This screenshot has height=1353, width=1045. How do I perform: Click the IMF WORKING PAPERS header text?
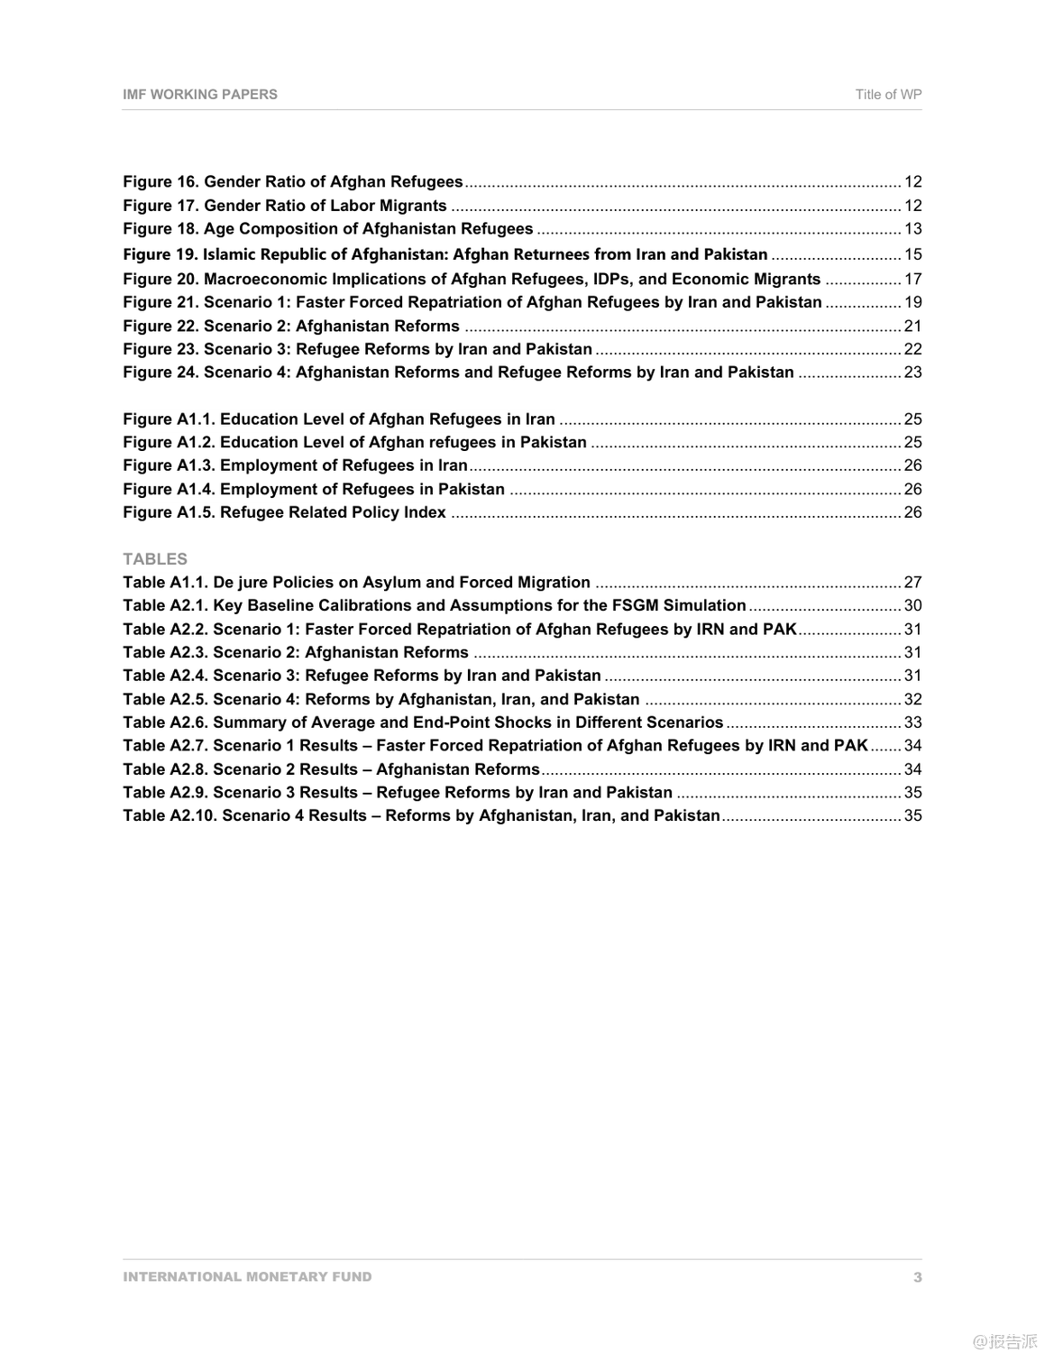click(x=200, y=94)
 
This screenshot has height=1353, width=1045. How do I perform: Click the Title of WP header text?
click(x=888, y=94)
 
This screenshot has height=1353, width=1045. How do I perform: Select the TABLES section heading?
click(x=155, y=558)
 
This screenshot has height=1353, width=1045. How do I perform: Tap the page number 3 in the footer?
click(x=917, y=1276)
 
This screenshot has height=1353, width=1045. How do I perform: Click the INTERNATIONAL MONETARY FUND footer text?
click(x=247, y=1276)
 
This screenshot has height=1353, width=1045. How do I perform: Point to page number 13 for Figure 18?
click(x=912, y=229)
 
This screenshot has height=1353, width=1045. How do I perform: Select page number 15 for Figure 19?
click(x=912, y=254)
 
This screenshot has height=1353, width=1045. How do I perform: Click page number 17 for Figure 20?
click(x=912, y=279)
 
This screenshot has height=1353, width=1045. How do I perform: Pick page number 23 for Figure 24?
click(x=912, y=373)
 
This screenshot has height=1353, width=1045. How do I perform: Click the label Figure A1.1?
click(x=169, y=419)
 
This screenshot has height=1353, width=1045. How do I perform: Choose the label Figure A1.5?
click(x=169, y=512)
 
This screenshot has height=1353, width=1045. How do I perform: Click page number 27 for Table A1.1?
click(x=912, y=583)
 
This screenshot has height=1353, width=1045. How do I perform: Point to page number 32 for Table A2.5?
click(x=912, y=699)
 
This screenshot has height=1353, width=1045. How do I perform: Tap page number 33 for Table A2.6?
click(x=912, y=723)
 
